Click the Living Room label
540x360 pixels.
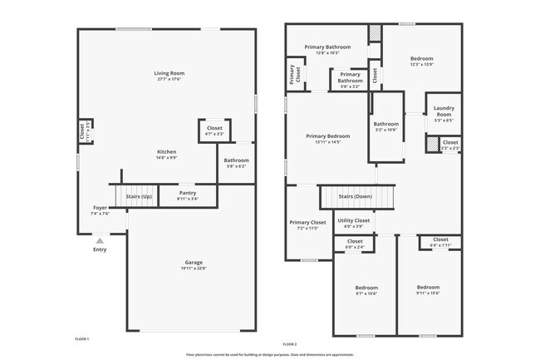(x=169, y=73)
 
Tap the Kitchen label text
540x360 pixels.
(x=167, y=151)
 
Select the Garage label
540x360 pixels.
(x=194, y=263)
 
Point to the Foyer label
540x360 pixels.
(x=100, y=208)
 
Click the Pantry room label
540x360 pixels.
(x=188, y=193)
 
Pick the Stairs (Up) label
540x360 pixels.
(x=139, y=196)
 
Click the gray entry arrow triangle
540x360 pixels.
(x=100, y=239)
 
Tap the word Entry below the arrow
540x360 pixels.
(x=100, y=249)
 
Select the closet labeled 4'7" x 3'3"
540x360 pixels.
(x=214, y=129)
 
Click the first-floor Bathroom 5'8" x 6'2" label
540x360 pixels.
(x=236, y=160)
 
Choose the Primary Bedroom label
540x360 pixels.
(x=327, y=136)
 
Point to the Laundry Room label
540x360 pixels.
(x=443, y=113)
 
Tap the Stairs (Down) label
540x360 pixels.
(x=356, y=196)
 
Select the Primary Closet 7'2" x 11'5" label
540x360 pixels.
(x=307, y=223)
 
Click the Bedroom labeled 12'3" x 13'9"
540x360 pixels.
(x=420, y=59)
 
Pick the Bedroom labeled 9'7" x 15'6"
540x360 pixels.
(x=366, y=288)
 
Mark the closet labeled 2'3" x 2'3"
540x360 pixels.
(x=449, y=143)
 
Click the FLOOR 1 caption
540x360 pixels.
(x=81, y=339)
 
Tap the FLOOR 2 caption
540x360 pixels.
(x=289, y=343)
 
